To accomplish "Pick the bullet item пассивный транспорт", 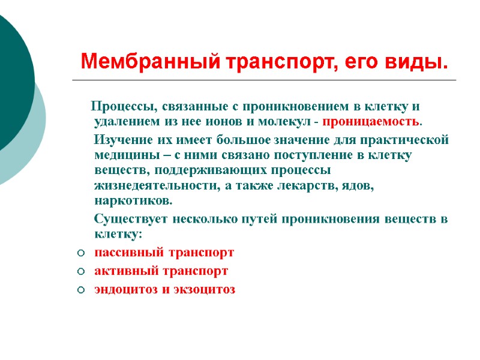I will (x=164, y=252).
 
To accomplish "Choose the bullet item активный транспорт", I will (x=161, y=271).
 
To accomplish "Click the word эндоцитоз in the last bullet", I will (x=122, y=290).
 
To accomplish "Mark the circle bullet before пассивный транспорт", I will (x=80, y=253).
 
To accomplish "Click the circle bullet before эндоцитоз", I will (x=80, y=290).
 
